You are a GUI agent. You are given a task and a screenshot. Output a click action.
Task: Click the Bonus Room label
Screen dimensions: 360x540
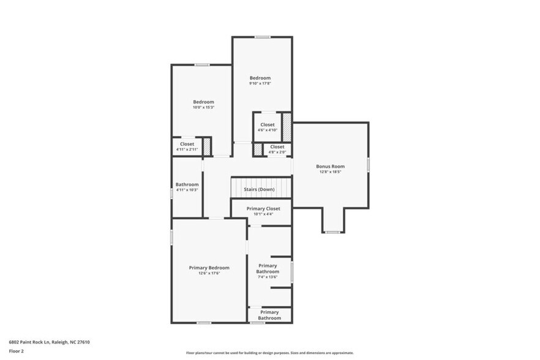pos(330,166)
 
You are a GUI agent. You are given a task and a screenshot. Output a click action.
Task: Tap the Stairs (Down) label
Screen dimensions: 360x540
pos(259,189)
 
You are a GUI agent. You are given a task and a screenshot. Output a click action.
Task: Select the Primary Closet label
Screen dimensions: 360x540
pos(263,209)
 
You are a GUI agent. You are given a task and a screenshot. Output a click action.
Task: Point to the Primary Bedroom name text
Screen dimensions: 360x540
pos(209,268)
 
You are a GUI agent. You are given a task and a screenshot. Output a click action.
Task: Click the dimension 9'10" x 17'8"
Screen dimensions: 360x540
pos(260,84)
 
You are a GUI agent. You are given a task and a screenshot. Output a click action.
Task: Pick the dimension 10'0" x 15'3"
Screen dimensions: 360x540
pos(203,107)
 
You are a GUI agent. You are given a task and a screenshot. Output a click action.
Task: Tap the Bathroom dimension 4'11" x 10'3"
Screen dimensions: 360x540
pos(187,190)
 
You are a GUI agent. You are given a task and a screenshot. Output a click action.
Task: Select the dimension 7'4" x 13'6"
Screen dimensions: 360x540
pos(267,277)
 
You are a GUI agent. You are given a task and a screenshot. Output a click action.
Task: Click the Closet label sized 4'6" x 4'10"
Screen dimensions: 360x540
pos(267,124)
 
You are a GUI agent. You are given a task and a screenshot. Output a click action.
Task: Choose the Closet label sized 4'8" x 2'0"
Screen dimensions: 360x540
pos(277,147)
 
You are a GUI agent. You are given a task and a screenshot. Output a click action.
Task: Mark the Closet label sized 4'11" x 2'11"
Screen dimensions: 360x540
pos(187,144)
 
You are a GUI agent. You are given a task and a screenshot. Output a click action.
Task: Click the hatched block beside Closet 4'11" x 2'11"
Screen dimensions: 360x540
pos(207,146)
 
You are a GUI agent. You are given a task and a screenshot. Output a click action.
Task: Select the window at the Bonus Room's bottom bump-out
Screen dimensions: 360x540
pos(332,232)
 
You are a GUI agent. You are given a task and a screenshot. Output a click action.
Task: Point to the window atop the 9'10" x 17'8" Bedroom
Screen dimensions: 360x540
pos(263,37)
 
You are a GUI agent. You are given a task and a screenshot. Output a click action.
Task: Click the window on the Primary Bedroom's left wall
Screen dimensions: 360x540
pos(172,238)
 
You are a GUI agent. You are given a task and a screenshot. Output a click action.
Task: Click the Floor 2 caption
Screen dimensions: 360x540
pos(16,351)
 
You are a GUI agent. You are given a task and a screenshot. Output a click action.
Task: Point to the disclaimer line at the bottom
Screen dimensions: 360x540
pos(269,353)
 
